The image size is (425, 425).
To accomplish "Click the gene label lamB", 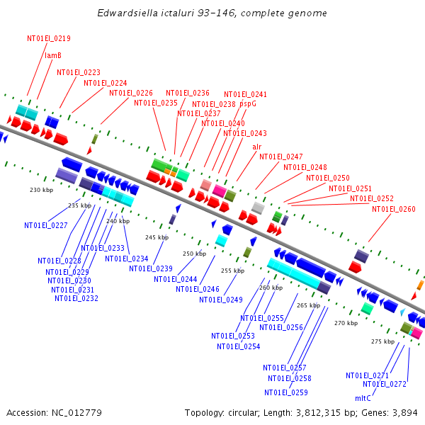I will point(54,55).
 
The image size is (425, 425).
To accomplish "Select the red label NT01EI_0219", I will point(49,39).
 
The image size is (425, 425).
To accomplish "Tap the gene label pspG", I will point(248,103).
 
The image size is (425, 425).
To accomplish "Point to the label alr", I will point(256,147).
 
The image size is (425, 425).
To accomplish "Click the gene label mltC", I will point(363,398).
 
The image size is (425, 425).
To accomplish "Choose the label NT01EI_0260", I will point(394,209).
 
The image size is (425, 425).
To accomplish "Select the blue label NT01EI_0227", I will point(46,225).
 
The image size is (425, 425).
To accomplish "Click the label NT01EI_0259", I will point(286,392).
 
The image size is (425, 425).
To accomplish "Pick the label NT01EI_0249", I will point(220,300).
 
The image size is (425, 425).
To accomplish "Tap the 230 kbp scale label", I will point(41,190).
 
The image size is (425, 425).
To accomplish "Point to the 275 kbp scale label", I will point(382,341).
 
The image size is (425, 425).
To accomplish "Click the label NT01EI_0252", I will point(372,198).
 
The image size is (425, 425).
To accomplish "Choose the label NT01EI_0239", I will point(151,268).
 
